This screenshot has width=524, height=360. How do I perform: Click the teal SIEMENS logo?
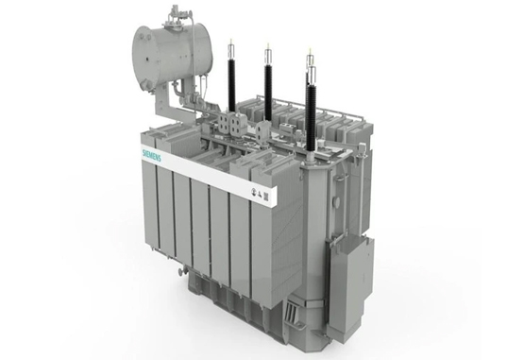152,154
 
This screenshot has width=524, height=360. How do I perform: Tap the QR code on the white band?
266,196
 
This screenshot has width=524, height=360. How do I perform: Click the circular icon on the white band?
253,192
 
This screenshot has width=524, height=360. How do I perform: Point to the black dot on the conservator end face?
146,60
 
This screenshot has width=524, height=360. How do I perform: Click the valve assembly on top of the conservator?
176,17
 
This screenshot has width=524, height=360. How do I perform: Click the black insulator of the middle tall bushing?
268,92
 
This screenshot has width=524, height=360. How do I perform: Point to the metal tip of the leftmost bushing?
231,46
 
